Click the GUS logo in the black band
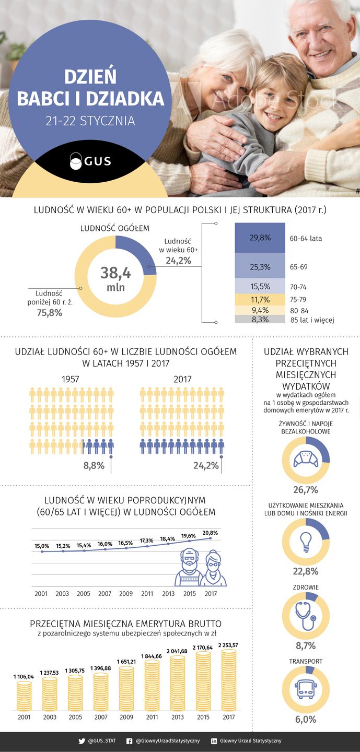coord(90,161)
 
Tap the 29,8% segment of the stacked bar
coord(259,238)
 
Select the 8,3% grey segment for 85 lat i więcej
coord(259,319)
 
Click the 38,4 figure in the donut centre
coord(116,273)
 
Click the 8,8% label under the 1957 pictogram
coord(94,465)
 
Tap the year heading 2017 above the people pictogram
coord(182,379)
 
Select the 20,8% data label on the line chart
coord(211,532)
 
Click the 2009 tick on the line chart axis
coord(126,594)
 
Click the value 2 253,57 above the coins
coord(228,645)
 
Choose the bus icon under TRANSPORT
coord(306,690)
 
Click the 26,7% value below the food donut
coord(306,490)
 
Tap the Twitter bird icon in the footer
coord(82,741)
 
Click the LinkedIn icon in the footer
coord(214,741)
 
